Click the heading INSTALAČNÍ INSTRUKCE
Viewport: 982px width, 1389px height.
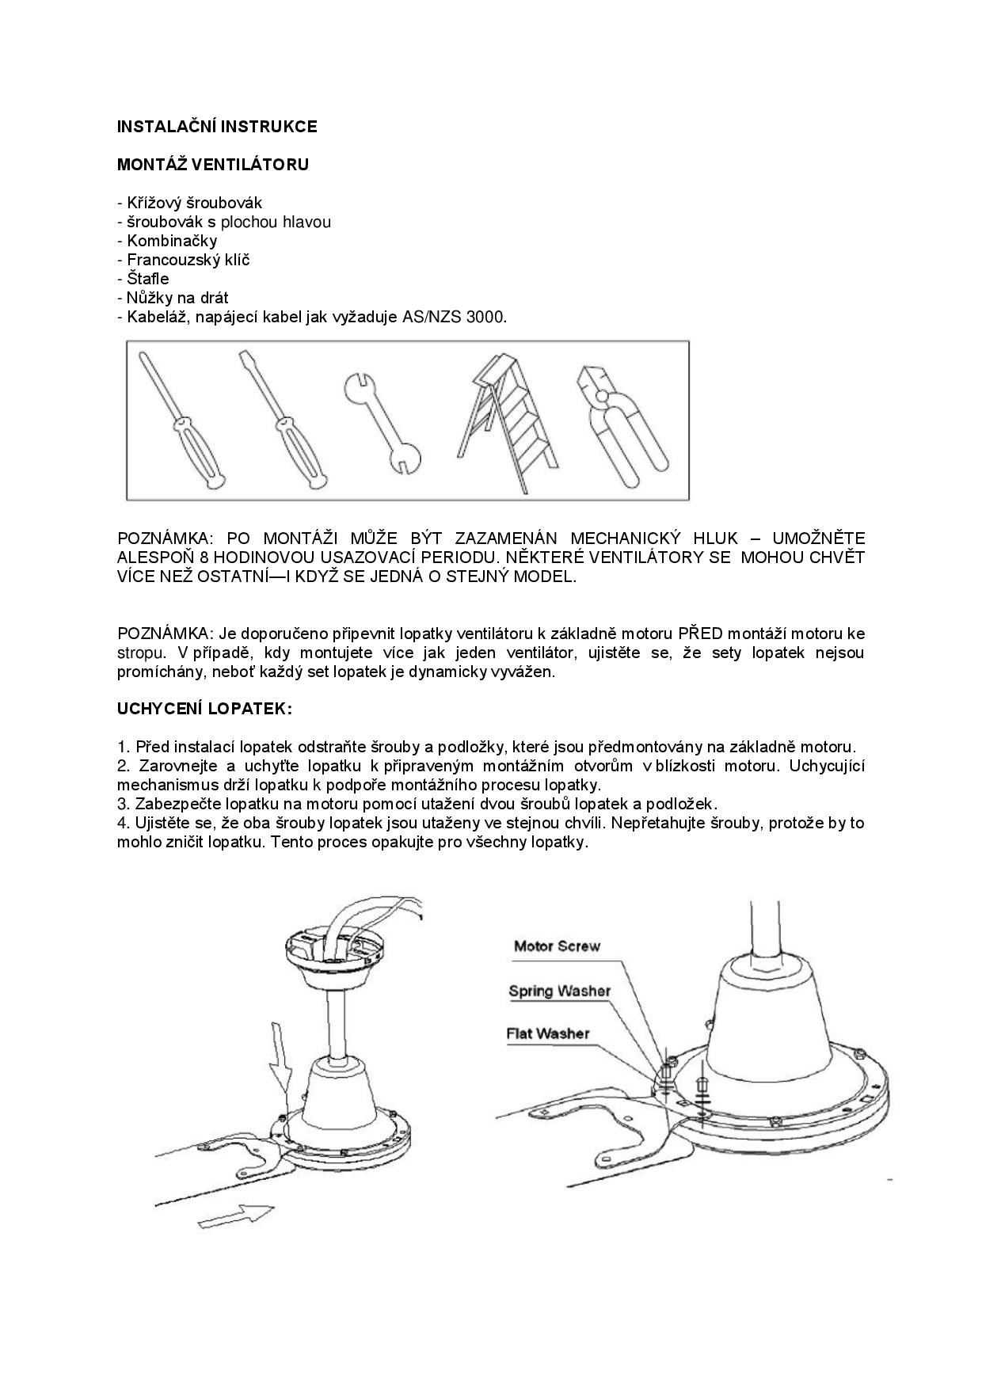click(217, 127)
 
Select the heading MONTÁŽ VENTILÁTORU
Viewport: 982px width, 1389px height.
click(213, 165)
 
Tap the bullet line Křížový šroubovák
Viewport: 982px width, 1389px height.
click(189, 203)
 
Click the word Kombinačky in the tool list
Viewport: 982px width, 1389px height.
click(171, 241)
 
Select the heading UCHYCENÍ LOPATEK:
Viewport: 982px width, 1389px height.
click(204, 709)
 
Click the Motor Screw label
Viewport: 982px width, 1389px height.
click(557, 946)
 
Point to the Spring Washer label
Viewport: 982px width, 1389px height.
click(559, 991)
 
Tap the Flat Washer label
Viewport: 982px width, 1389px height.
click(548, 1033)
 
